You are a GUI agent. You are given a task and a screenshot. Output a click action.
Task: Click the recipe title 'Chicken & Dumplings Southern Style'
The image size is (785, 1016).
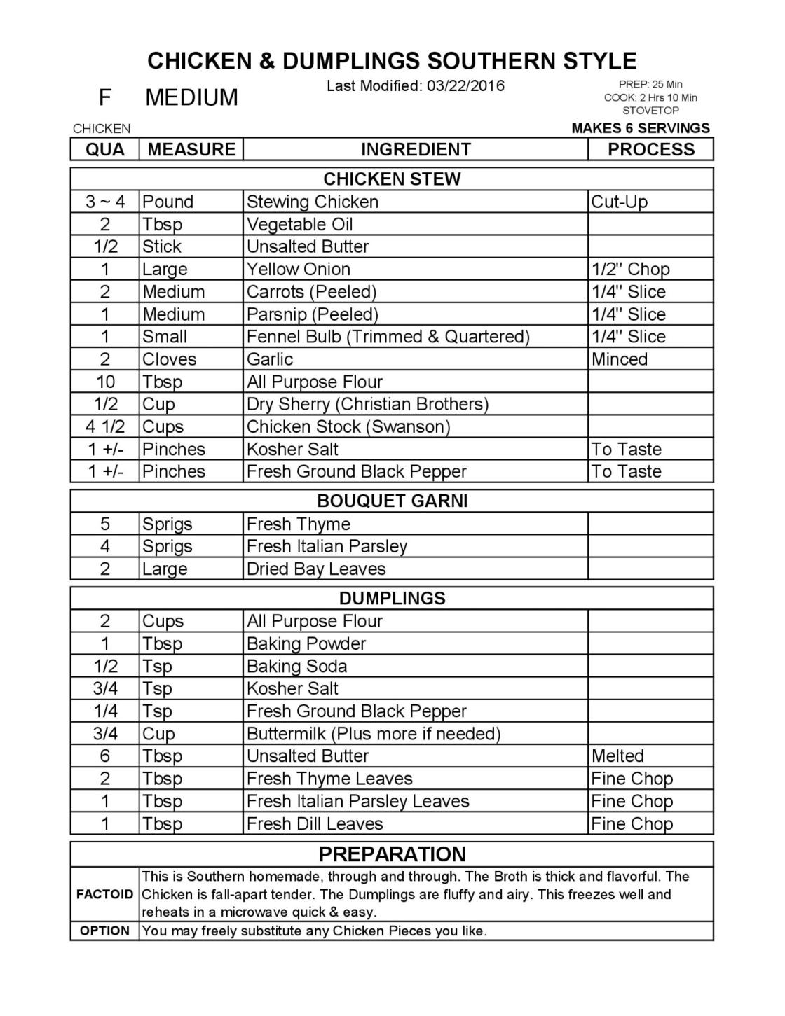click(392, 61)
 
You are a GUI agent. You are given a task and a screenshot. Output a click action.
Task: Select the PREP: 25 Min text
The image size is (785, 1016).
click(650, 85)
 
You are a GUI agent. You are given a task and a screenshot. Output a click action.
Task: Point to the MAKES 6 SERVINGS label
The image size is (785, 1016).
click(641, 128)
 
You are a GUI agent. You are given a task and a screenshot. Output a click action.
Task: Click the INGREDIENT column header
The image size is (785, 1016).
click(416, 149)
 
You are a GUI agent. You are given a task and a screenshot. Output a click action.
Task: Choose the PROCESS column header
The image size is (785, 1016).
click(650, 149)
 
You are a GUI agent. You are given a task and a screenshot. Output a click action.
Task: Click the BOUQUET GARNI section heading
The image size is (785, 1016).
click(392, 501)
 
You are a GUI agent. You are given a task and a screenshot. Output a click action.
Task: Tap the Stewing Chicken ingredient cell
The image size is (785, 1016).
click(313, 202)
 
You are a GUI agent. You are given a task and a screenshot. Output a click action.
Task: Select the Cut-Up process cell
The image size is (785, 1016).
click(620, 202)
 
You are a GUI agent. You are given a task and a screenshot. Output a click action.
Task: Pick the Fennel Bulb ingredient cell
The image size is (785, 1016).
click(388, 337)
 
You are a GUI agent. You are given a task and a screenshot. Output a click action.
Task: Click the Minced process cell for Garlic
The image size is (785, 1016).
click(620, 359)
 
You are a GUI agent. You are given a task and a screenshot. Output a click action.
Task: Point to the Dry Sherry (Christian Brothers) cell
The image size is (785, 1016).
click(367, 404)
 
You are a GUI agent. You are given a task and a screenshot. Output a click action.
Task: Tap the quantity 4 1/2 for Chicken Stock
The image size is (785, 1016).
click(105, 426)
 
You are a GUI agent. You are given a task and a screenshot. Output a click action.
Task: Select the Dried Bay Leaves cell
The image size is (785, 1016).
click(316, 569)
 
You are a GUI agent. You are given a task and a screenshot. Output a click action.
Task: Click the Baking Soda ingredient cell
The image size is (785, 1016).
click(296, 666)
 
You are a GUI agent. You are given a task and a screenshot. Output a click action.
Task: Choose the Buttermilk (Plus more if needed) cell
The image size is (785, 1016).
click(374, 734)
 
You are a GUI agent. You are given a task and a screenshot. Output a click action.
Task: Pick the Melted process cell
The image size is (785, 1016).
click(617, 756)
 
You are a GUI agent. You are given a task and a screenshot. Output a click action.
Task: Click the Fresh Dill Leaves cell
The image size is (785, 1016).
click(315, 823)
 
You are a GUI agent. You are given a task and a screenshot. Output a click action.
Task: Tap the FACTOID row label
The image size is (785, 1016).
click(104, 894)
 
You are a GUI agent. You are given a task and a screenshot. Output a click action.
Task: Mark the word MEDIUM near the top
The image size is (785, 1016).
click(191, 97)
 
